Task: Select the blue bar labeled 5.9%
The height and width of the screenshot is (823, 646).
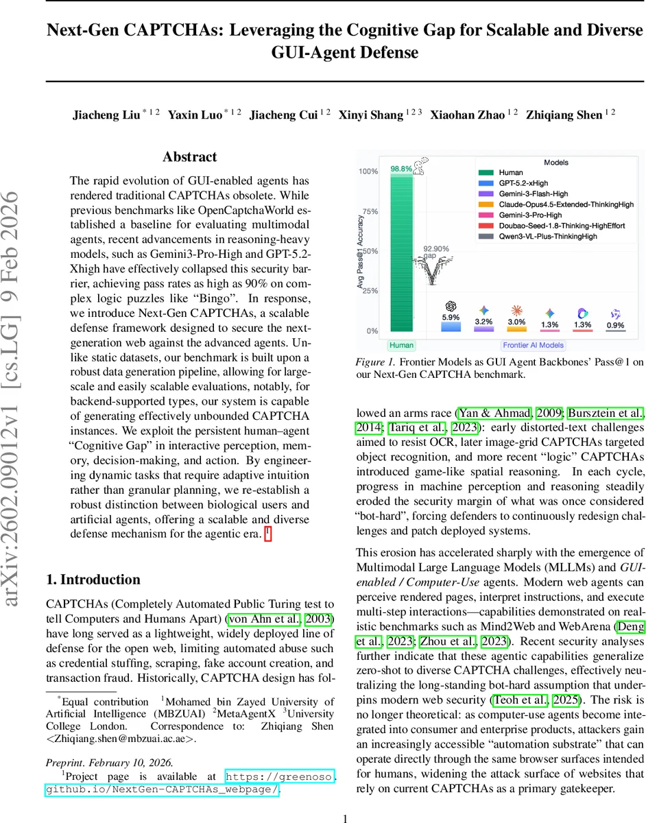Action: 451,327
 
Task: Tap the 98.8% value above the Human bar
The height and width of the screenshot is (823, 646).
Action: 401,168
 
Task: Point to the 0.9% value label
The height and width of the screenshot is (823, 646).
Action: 615,325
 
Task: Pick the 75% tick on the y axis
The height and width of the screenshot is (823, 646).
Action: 370,212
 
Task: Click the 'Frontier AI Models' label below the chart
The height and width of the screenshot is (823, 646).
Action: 534,345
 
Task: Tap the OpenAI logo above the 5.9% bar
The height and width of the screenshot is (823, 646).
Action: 451,306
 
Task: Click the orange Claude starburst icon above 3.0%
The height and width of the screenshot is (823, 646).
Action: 516,309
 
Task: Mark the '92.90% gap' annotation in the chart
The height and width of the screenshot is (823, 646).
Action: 435,250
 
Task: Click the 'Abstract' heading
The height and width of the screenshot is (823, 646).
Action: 190,157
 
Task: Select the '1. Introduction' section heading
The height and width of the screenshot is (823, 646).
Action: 93,580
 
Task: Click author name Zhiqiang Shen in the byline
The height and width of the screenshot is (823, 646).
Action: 564,115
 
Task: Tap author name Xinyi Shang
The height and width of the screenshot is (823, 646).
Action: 376,115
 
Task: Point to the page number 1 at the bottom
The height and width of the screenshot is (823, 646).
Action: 346,818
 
